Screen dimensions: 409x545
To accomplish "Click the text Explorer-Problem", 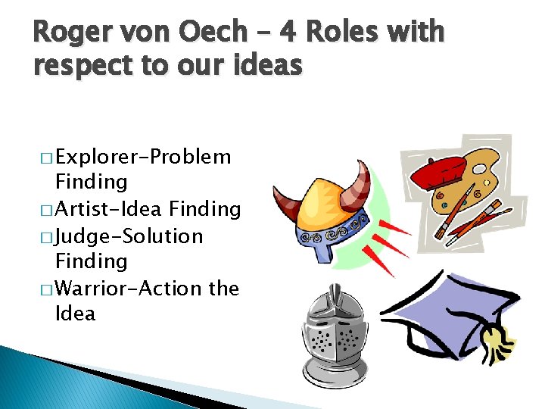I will pyautogui.click(x=143, y=157).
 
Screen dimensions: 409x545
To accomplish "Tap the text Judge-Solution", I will pyautogui.click(x=129, y=236).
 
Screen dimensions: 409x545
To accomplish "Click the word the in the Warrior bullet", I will pyautogui.click(x=223, y=289).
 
